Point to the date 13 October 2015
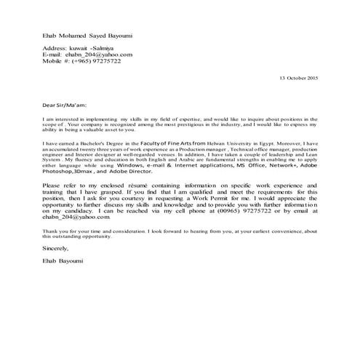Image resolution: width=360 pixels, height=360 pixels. [300, 77]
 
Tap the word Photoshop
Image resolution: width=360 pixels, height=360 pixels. [60, 174]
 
